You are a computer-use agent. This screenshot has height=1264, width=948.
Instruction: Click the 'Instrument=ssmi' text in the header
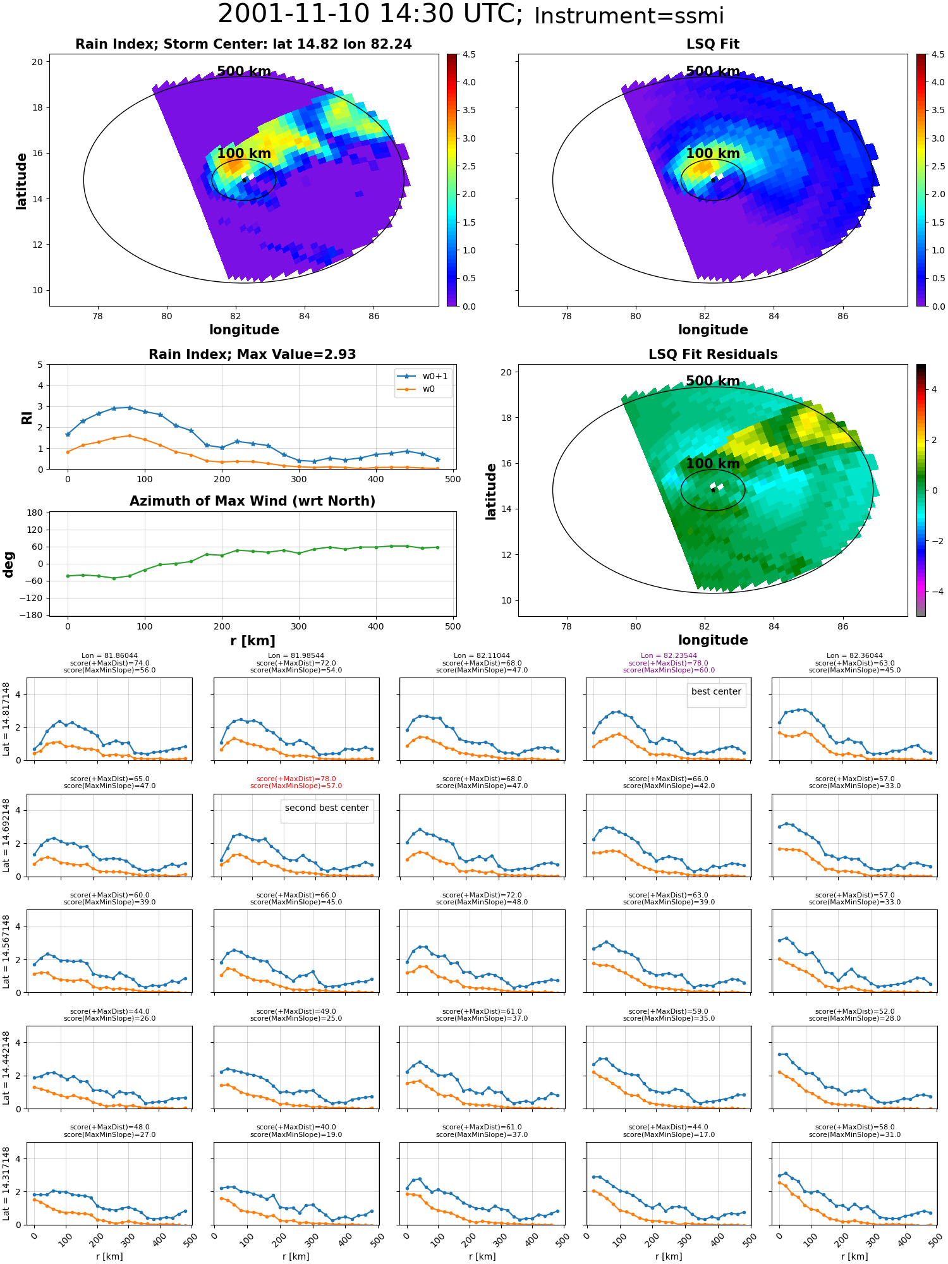(x=629, y=16)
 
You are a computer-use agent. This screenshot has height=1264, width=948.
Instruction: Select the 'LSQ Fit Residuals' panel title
(x=713, y=355)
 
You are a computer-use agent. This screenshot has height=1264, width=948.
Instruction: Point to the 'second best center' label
(x=327, y=808)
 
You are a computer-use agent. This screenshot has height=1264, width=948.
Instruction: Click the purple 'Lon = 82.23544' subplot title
(x=669, y=656)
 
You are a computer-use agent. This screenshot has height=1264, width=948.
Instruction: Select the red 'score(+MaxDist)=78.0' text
(x=296, y=779)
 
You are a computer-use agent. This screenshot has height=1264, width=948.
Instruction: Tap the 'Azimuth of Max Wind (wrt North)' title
(x=252, y=501)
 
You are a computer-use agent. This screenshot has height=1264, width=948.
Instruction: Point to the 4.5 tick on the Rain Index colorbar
(x=469, y=55)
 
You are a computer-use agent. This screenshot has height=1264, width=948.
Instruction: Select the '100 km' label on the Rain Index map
(x=244, y=154)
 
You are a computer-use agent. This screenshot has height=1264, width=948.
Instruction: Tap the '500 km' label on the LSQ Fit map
(x=713, y=71)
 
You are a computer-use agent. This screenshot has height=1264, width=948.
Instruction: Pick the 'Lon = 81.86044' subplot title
(x=109, y=656)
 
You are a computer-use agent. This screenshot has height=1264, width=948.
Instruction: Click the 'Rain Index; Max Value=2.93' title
(x=252, y=355)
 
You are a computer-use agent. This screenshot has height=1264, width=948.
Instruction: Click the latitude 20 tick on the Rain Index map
(x=37, y=62)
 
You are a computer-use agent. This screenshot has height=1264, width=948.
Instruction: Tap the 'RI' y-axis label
(x=27, y=418)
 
